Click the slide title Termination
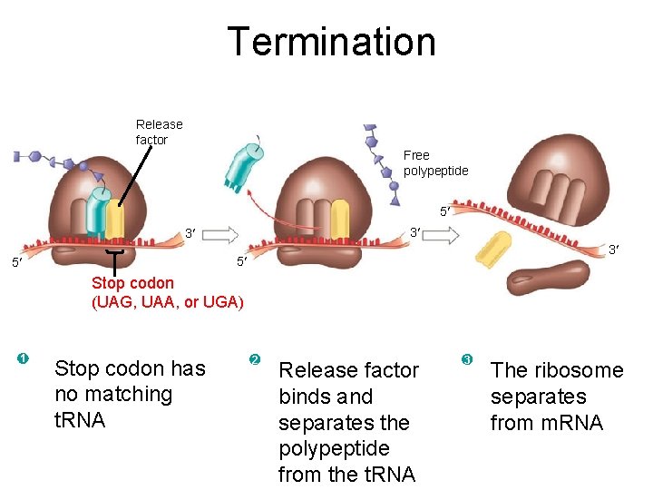tap(331, 42)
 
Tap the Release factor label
tap(159, 132)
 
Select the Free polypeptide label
tap(435, 162)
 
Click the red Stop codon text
tap(132, 283)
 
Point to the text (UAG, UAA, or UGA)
tap(167, 302)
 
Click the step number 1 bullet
tap(23, 359)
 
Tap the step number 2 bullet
tap(255, 360)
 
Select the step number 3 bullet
tap(467, 360)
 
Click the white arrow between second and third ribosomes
tap(441, 234)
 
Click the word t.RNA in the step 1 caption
tap(80, 420)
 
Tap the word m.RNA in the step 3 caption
tap(546, 423)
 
